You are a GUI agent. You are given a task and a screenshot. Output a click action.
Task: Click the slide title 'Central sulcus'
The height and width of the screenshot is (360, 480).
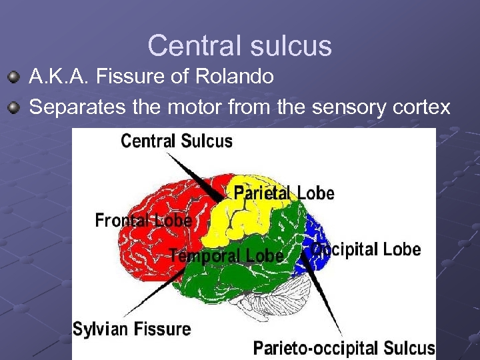[239, 46]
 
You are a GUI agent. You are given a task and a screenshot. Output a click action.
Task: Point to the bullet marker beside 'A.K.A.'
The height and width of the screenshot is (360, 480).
[15, 78]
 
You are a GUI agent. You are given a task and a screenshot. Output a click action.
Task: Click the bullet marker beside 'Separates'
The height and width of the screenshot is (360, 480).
[15, 107]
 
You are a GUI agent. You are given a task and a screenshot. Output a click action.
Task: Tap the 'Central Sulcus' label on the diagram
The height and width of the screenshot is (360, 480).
[177, 141]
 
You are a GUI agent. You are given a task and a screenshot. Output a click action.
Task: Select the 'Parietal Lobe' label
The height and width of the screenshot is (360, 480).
[283, 193]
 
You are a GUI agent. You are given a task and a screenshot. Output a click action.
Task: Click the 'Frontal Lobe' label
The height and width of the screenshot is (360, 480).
[143, 220]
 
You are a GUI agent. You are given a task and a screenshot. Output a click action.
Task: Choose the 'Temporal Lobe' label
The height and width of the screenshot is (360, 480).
[227, 255]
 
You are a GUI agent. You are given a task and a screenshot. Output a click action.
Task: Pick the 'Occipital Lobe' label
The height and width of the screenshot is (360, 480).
[367, 250]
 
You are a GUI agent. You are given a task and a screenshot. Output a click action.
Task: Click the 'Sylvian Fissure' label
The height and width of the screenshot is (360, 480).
[131, 329]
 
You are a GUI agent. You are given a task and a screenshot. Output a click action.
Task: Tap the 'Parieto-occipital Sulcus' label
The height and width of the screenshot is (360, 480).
[343, 348]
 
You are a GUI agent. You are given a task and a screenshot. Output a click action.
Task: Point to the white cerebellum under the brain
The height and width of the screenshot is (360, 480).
[287, 293]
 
